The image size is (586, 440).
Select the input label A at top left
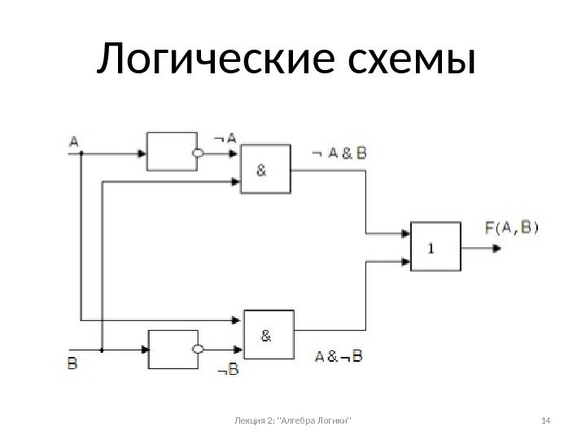click(74, 141)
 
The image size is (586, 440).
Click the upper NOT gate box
click(169, 152)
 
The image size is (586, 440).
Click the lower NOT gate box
click(171, 350)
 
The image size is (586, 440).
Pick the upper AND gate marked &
click(265, 170)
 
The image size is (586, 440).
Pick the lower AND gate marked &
click(269, 333)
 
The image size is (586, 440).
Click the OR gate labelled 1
click(435, 247)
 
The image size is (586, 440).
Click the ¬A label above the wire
click(225, 139)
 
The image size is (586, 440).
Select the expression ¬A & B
click(339, 152)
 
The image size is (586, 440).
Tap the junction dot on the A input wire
click(81, 152)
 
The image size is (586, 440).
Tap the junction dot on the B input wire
click(102, 350)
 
